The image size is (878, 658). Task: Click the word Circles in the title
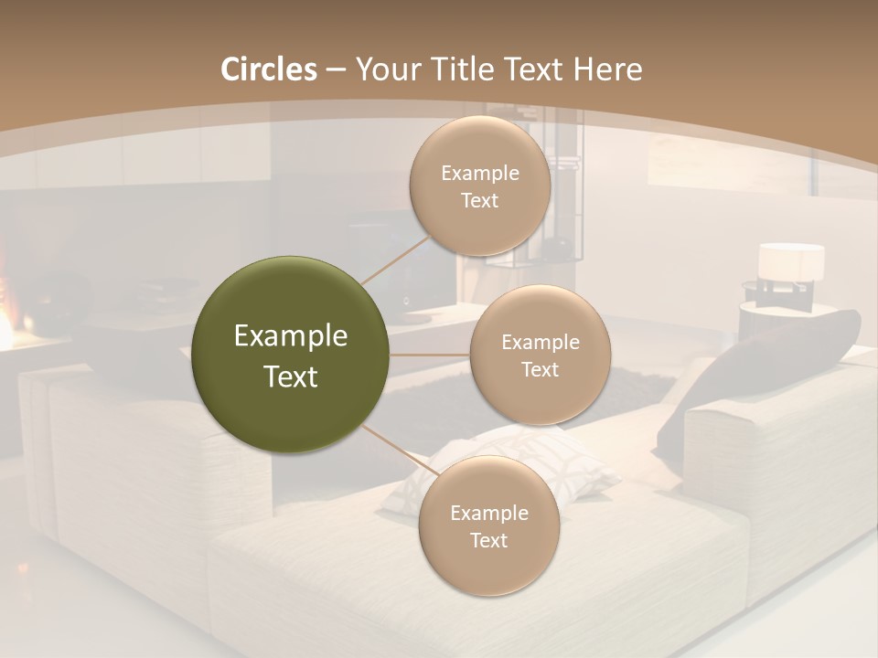point(268,69)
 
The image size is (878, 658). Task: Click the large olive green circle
point(290,355)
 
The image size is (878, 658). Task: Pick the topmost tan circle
point(479,186)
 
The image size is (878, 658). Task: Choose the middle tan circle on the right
point(540,355)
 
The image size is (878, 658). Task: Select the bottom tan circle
point(488,525)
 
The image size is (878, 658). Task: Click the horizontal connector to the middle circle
point(429,355)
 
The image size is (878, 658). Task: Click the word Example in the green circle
point(290,336)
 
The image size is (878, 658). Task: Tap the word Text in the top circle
point(479,200)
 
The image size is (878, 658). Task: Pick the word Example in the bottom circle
point(488,513)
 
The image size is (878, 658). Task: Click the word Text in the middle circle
point(540,369)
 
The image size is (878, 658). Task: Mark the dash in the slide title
point(335,70)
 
